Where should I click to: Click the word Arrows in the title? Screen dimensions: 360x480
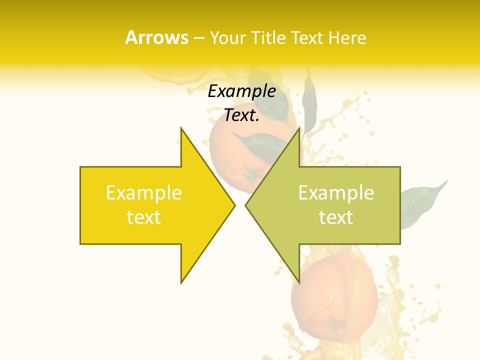[x=156, y=37]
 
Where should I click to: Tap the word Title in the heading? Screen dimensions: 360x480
[x=268, y=38]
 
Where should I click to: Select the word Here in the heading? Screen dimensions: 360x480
[x=348, y=38]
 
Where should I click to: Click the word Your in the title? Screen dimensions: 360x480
[x=227, y=38]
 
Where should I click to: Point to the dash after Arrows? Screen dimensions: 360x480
[x=198, y=38]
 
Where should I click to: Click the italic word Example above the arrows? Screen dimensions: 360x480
[x=241, y=91]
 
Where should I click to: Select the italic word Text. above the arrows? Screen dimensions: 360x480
[x=241, y=115]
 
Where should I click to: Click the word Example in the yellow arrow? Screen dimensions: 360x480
[x=144, y=193]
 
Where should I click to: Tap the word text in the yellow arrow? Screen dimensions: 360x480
[x=144, y=217]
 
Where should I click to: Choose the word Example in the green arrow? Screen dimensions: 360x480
[x=336, y=193]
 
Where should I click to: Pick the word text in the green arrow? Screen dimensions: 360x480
[x=336, y=217]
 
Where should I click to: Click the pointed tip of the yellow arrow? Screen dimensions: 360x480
[x=234, y=205]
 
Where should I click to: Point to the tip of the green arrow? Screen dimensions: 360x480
[x=246, y=205]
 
